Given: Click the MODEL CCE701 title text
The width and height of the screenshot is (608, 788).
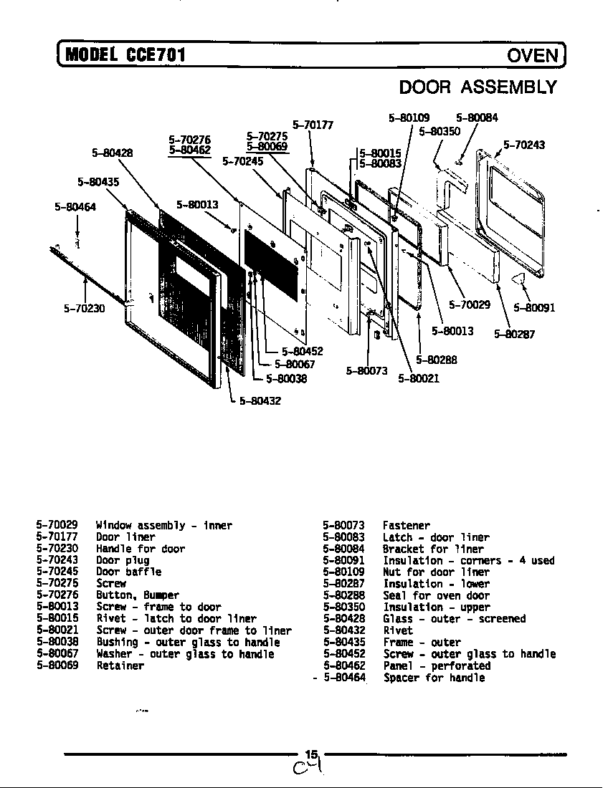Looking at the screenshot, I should click(x=125, y=54).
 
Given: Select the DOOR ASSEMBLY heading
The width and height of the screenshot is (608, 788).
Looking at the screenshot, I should click(x=478, y=87).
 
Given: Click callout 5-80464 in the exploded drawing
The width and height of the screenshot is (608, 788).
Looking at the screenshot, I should click(x=75, y=207).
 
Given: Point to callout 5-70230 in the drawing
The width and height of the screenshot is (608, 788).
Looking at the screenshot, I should click(x=84, y=309).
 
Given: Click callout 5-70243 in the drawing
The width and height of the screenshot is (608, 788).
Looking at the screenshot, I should click(x=523, y=145).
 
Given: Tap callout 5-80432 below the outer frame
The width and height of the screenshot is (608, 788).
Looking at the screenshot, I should click(x=260, y=401).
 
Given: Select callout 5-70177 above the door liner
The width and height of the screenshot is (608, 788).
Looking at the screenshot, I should click(x=313, y=125).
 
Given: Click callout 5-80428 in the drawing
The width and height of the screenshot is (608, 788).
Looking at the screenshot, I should click(x=113, y=152).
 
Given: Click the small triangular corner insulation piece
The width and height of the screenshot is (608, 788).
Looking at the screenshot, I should click(x=521, y=277).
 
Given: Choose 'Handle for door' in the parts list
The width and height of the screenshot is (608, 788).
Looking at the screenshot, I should click(x=141, y=549).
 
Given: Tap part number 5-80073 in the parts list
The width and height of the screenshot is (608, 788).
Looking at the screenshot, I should click(x=343, y=526).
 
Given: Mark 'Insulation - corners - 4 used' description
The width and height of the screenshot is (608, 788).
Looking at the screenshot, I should click(x=468, y=560).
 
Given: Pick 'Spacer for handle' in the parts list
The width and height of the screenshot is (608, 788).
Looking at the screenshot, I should click(x=434, y=677).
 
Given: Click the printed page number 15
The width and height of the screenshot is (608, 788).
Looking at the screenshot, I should click(x=310, y=754).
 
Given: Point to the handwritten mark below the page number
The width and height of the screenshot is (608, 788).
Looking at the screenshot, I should click(x=307, y=770).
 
